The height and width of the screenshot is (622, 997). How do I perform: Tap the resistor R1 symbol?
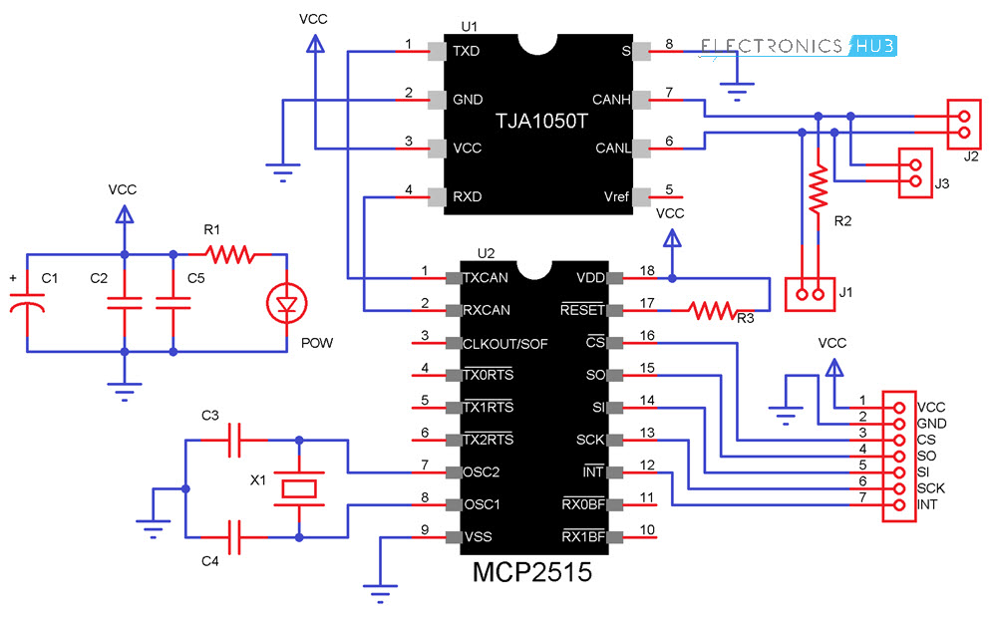pyautogui.click(x=230, y=255)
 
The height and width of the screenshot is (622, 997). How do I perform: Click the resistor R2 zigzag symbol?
pyautogui.click(x=819, y=190)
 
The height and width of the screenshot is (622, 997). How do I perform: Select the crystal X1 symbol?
pyautogui.click(x=299, y=487)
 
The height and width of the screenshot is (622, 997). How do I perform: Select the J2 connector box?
pyautogui.click(x=963, y=121)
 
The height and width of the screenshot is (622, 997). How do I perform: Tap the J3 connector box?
pyautogui.click(x=915, y=172)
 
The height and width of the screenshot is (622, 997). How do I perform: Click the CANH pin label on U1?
pyautogui.click(x=610, y=100)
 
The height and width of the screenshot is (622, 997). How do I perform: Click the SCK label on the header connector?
pyautogui.click(x=931, y=488)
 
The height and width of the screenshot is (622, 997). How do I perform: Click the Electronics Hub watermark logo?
pyautogui.click(x=799, y=46)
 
